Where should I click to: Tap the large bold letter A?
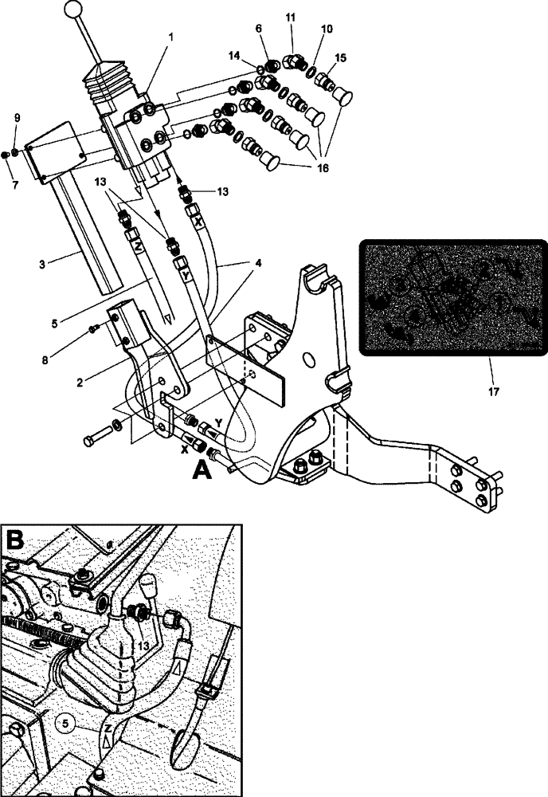click(x=202, y=470)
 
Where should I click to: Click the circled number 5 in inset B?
click(x=68, y=723)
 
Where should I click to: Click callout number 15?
click(x=341, y=58)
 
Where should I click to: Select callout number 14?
click(x=233, y=57)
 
